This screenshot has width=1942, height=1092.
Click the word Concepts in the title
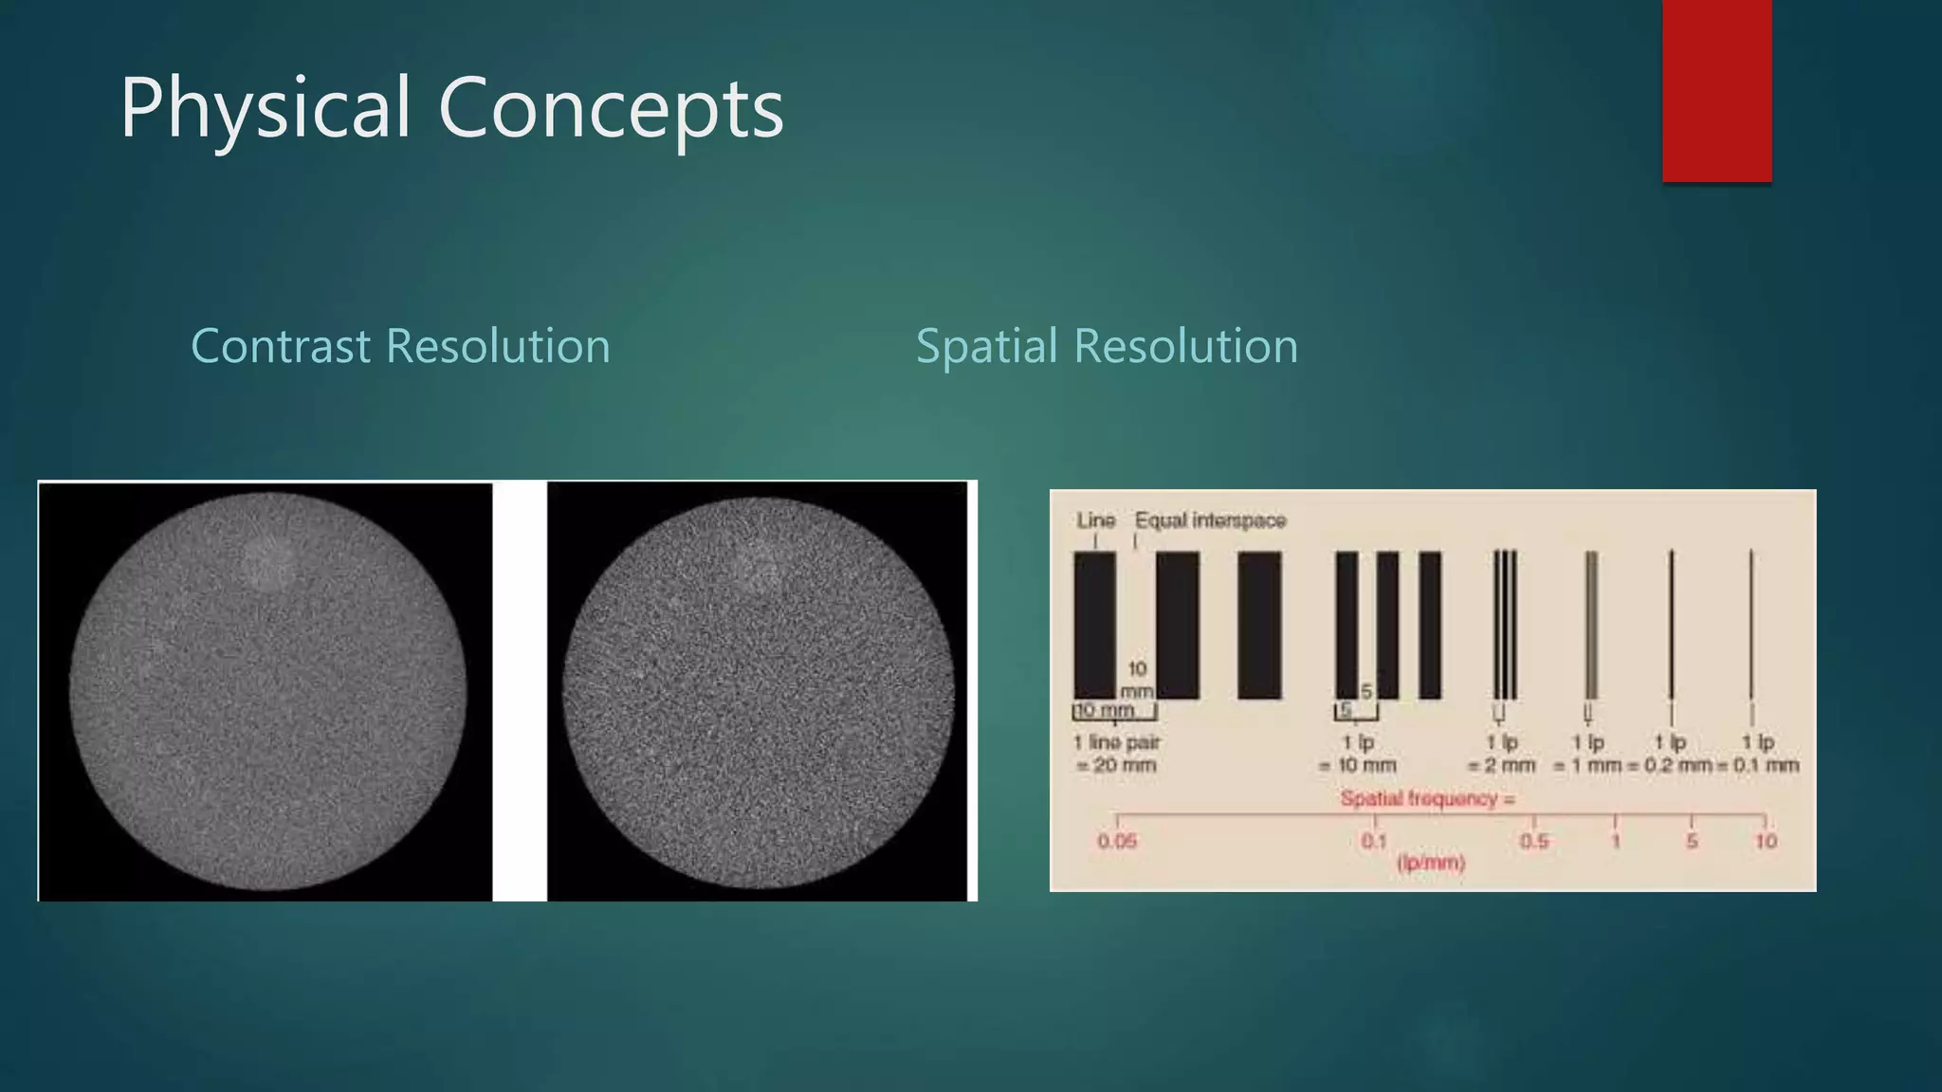coord(611,109)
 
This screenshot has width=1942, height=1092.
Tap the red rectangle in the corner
coord(1716,90)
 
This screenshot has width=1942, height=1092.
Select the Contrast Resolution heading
coord(400,346)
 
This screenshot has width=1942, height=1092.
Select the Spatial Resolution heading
coord(1107,346)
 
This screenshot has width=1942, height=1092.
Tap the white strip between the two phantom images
coord(520,690)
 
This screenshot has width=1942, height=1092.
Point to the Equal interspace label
coord(1210,520)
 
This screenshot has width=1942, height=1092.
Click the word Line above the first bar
coord(1095,520)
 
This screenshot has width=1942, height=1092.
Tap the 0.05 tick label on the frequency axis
coord(1117,842)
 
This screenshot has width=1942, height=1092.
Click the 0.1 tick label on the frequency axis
coord(1373,842)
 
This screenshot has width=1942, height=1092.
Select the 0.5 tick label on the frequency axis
coord(1534,842)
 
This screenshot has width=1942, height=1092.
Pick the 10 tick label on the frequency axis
coord(1765,842)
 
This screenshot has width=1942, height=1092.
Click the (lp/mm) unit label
coord(1431,864)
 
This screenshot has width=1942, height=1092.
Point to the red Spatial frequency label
coord(1427,799)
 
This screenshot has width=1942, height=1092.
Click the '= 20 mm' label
coord(1117,766)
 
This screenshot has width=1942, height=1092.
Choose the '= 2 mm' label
coord(1501,766)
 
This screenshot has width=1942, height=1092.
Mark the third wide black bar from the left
coord(1259,626)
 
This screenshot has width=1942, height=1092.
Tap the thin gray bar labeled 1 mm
coord(1591,626)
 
